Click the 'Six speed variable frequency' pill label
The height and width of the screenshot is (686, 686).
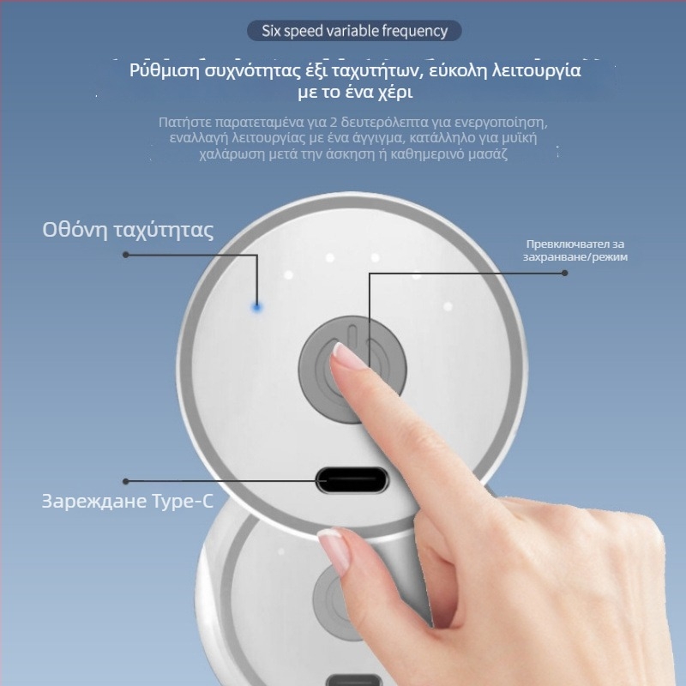[x=354, y=31]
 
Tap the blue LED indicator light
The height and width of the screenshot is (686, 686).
[x=256, y=308]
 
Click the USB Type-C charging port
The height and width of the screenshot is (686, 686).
[x=352, y=480]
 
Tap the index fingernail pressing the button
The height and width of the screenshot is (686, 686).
[x=346, y=355]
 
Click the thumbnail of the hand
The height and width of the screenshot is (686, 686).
[x=335, y=549]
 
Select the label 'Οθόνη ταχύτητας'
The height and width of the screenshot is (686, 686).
[x=128, y=230]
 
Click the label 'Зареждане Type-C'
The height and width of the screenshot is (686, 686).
[x=127, y=502]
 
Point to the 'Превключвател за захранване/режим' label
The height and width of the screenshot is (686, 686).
[x=575, y=250]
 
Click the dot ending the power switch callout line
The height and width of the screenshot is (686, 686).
[x=565, y=273]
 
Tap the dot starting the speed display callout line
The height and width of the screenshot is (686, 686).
[x=126, y=255]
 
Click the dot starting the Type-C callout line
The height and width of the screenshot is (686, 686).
[x=126, y=481]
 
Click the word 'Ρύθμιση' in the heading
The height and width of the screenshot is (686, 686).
[x=165, y=71]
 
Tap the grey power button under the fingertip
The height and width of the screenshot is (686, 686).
[x=352, y=369]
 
